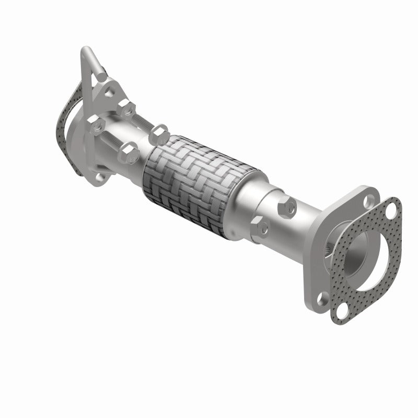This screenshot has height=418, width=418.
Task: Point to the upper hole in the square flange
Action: (x=370, y=200)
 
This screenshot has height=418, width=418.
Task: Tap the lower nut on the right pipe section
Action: (x=261, y=227)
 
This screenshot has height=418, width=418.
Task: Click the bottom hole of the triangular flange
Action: (x=99, y=178)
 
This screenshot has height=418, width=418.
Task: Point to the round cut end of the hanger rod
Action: (x=100, y=76)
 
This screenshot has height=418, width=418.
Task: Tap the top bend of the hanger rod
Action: (x=86, y=51)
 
